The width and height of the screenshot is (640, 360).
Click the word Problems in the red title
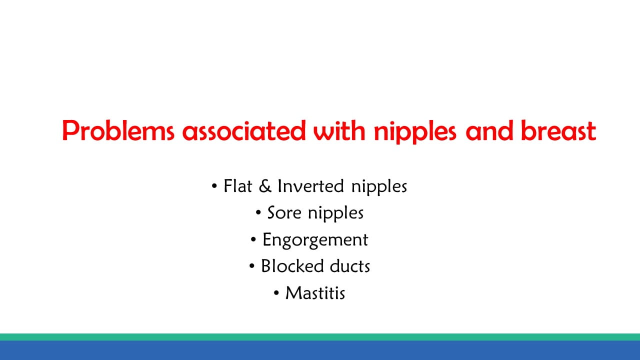(x=118, y=131)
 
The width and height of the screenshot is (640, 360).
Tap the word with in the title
(x=339, y=131)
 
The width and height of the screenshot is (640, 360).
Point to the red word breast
(x=558, y=131)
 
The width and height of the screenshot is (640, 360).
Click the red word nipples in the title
(x=415, y=132)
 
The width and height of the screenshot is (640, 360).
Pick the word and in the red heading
(x=489, y=131)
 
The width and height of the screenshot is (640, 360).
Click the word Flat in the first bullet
(x=237, y=186)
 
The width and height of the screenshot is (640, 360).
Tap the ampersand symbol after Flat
(x=265, y=186)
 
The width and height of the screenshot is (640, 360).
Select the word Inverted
(x=310, y=186)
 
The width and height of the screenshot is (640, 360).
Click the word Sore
(x=284, y=213)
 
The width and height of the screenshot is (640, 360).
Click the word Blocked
(x=292, y=266)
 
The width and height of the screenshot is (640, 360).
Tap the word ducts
(x=350, y=266)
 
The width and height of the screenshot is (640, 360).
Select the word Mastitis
(x=315, y=293)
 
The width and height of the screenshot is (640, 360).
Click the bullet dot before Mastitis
(x=276, y=293)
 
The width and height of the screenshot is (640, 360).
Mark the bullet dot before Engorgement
(x=253, y=239)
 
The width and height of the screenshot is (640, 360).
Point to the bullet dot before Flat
(x=214, y=186)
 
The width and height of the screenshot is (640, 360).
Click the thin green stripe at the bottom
(x=320, y=337)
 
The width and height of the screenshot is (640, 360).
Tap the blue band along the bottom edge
(x=320, y=350)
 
